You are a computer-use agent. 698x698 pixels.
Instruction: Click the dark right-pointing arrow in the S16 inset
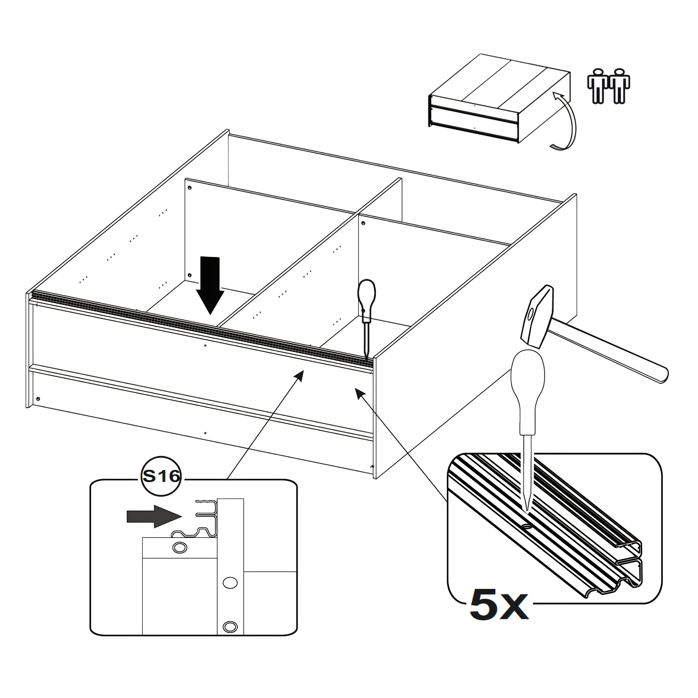(x=154, y=517)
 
